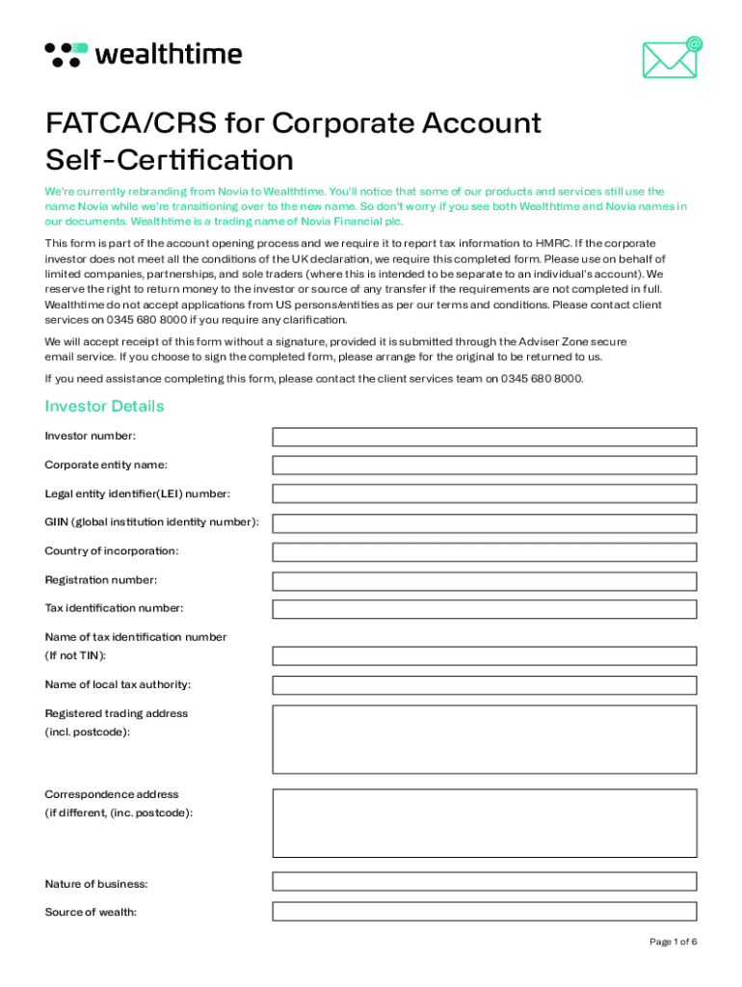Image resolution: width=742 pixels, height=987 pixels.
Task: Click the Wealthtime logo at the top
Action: pyautogui.click(x=144, y=54)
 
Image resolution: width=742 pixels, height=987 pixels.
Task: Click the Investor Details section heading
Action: pyautogui.click(x=104, y=406)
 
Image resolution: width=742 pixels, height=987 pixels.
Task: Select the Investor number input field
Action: pyautogui.click(x=484, y=437)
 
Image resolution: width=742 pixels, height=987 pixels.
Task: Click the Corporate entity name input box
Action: pyautogui.click(x=484, y=466)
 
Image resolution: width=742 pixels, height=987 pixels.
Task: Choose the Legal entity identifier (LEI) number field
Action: pyautogui.click(x=484, y=493)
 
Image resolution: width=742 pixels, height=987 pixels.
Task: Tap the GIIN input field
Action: pyautogui.click(x=484, y=522)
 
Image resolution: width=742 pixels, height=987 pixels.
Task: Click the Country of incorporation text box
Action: pyautogui.click(x=484, y=551)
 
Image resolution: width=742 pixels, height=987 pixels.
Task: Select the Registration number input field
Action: pyautogui.click(x=484, y=580)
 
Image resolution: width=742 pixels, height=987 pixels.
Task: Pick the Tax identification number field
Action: pyautogui.click(x=484, y=609)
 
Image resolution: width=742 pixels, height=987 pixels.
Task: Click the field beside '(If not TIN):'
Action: pyautogui.click(x=484, y=655)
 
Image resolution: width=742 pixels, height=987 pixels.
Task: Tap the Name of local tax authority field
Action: pyautogui.click(x=484, y=685)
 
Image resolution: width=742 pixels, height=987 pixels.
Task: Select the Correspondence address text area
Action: pyautogui.click(x=484, y=822)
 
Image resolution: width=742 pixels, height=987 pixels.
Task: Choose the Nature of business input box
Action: pyautogui.click(x=484, y=881)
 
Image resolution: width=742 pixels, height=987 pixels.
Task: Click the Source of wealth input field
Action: pyautogui.click(x=484, y=911)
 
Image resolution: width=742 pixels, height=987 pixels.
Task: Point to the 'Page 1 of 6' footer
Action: pyautogui.click(x=673, y=942)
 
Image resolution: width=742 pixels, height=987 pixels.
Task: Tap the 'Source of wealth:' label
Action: pyautogui.click(x=91, y=912)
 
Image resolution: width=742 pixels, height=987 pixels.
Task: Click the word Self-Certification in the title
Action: pyautogui.click(x=169, y=159)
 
